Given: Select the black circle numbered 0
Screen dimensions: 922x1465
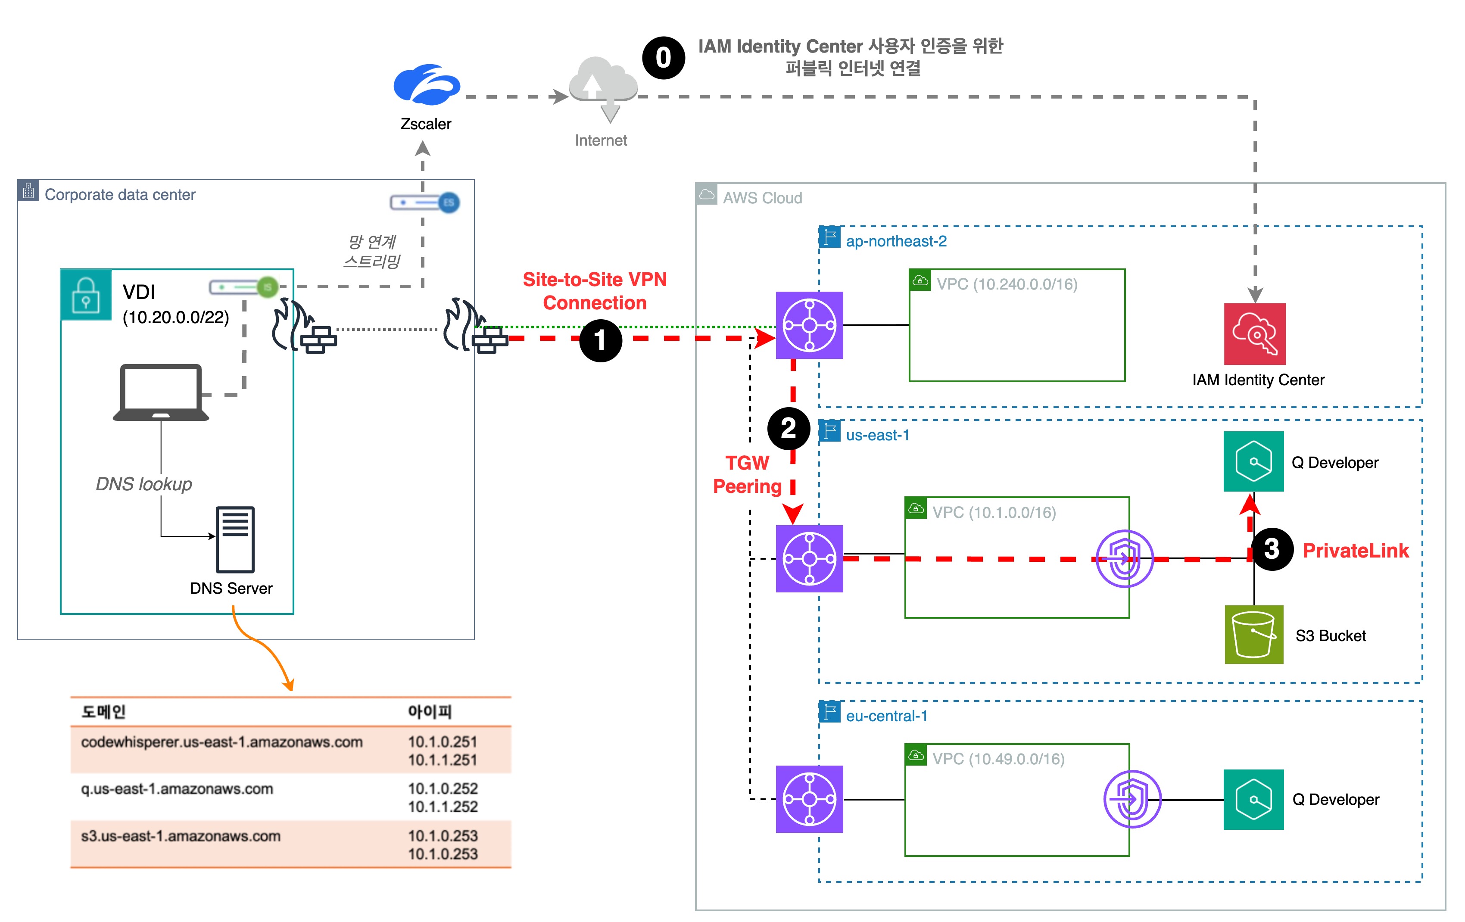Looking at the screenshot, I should click(663, 58).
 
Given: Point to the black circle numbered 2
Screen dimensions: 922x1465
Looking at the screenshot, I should click(789, 428).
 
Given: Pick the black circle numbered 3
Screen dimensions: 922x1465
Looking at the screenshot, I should click(1272, 549).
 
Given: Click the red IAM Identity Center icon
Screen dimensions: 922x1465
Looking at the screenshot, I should click(1254, 334).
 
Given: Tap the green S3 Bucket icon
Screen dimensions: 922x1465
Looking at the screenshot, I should click(1254, 634).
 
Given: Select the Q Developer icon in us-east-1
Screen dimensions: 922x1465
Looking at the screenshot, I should click(1253, 461).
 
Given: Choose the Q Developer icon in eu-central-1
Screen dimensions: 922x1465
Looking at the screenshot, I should click(1253, 799).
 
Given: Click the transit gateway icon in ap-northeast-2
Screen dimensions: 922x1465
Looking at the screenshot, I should click(809, 325).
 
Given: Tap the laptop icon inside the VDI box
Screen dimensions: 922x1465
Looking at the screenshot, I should click(161, 392).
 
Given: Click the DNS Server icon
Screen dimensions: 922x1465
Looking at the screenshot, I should click(235, 539).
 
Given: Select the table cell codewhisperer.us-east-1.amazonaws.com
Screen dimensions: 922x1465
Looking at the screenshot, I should click(221, 742).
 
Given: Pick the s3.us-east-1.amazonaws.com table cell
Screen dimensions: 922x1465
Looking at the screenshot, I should click(181, 836).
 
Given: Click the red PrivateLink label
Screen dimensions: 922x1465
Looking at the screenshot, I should click(1356, 551).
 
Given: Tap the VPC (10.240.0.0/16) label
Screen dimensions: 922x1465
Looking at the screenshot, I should click(1007, 284).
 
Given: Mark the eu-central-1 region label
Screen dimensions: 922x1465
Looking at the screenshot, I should click(886, 716).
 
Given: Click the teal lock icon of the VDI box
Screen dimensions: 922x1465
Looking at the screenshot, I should click(86, 295).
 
